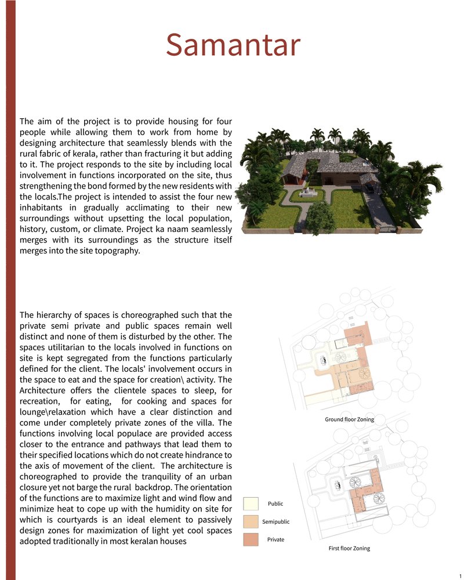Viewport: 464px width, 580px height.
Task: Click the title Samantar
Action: tap(233, 45)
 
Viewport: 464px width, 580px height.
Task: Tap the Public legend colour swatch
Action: tap(251, 503)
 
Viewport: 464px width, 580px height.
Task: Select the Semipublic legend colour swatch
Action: tap(251, 521)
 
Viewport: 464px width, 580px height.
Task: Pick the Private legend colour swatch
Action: tap(251, 539)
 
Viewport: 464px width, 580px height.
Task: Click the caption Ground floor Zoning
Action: tap(349, 419)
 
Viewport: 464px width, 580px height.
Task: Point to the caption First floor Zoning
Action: tap(349, 548)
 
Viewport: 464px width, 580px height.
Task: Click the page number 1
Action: tap(460, 575)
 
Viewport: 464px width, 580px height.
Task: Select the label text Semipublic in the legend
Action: tap(275, 521)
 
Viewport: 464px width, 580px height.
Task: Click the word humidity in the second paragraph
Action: tap(165, 509)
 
